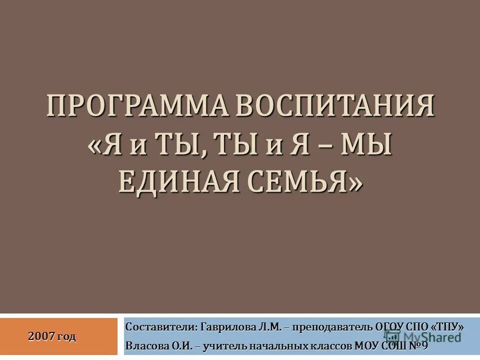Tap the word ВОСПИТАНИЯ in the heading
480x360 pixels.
pyautogui.click(x=332, y=106)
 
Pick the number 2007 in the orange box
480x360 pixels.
pyautogui.click(x=41, y=336)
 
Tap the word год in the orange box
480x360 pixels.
pyautogui.click(x=67, y=336)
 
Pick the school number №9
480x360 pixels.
pyautogui.click(x=419, y=345)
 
